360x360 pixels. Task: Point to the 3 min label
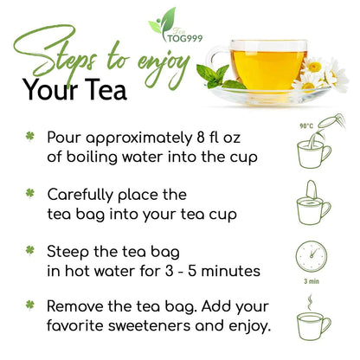click(x=311, y=280)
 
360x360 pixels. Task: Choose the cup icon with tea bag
click(x=311, y=203)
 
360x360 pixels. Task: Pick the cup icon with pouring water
click(x=311, y=149)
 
